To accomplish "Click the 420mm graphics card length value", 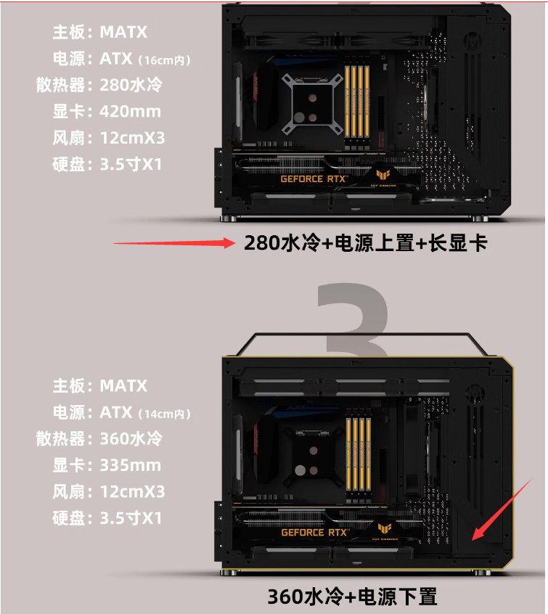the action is [x=130, y=112].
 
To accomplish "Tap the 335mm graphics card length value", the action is [x=130, y=465].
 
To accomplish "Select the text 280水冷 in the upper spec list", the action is [x=131, y=85].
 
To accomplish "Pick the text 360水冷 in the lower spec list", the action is [x=131, y=438].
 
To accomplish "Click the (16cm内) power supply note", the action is [x=164, y=60].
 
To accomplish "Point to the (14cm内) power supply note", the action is [x=164, y=414].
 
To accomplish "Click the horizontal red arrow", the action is [x=174, y=243].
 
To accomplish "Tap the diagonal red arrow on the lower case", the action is [x=502, y=509].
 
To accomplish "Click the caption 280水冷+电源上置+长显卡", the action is [x=366, y=243].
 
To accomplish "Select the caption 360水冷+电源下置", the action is [x=352, y=597].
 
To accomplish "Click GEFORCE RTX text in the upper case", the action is [x=314, y=179].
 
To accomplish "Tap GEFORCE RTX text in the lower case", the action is [x=314, y=533].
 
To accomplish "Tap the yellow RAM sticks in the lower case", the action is [x=358, y=457].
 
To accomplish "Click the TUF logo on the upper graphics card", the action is [x=383, y=175].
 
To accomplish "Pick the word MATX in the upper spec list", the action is [x=124, y=32].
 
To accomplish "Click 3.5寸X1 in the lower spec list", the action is [x=131, y=518].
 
